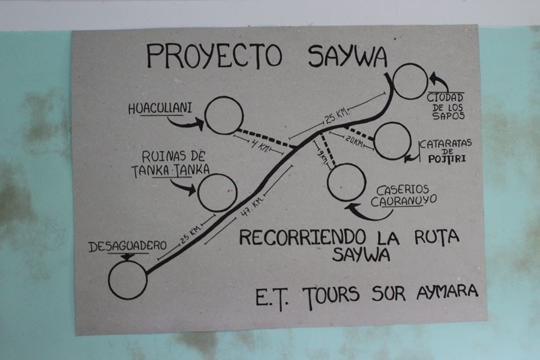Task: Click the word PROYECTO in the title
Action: coord(214,55)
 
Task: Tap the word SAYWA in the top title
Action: coord(347,56)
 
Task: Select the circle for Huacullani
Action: coord(224,116)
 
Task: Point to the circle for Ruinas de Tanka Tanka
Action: coord(218,192)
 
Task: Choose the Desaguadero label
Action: coord(128,246)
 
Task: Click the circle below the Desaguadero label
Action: coord(128,280)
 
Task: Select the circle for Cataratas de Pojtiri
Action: coord(392,141)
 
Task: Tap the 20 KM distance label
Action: coord(354,141)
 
